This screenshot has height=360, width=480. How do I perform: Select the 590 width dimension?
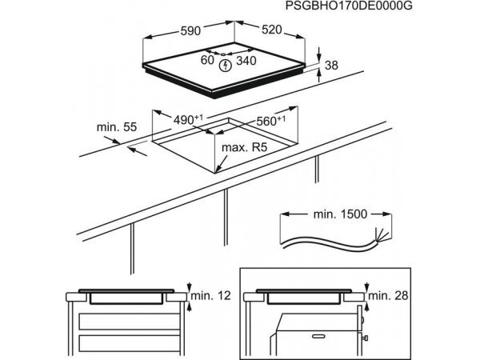coord(189,31)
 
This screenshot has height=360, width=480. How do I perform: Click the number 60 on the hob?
coord(207,60)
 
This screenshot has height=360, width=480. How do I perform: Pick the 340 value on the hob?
coord(246,60)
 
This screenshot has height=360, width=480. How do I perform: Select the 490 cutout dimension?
coord(186,120)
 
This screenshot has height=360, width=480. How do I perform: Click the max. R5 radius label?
coord(245,148)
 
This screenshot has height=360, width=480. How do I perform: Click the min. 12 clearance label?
coord(212,296)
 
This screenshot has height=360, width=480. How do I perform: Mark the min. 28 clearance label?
coord(391,296)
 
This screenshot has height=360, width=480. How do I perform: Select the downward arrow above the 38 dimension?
coord(320,54)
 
